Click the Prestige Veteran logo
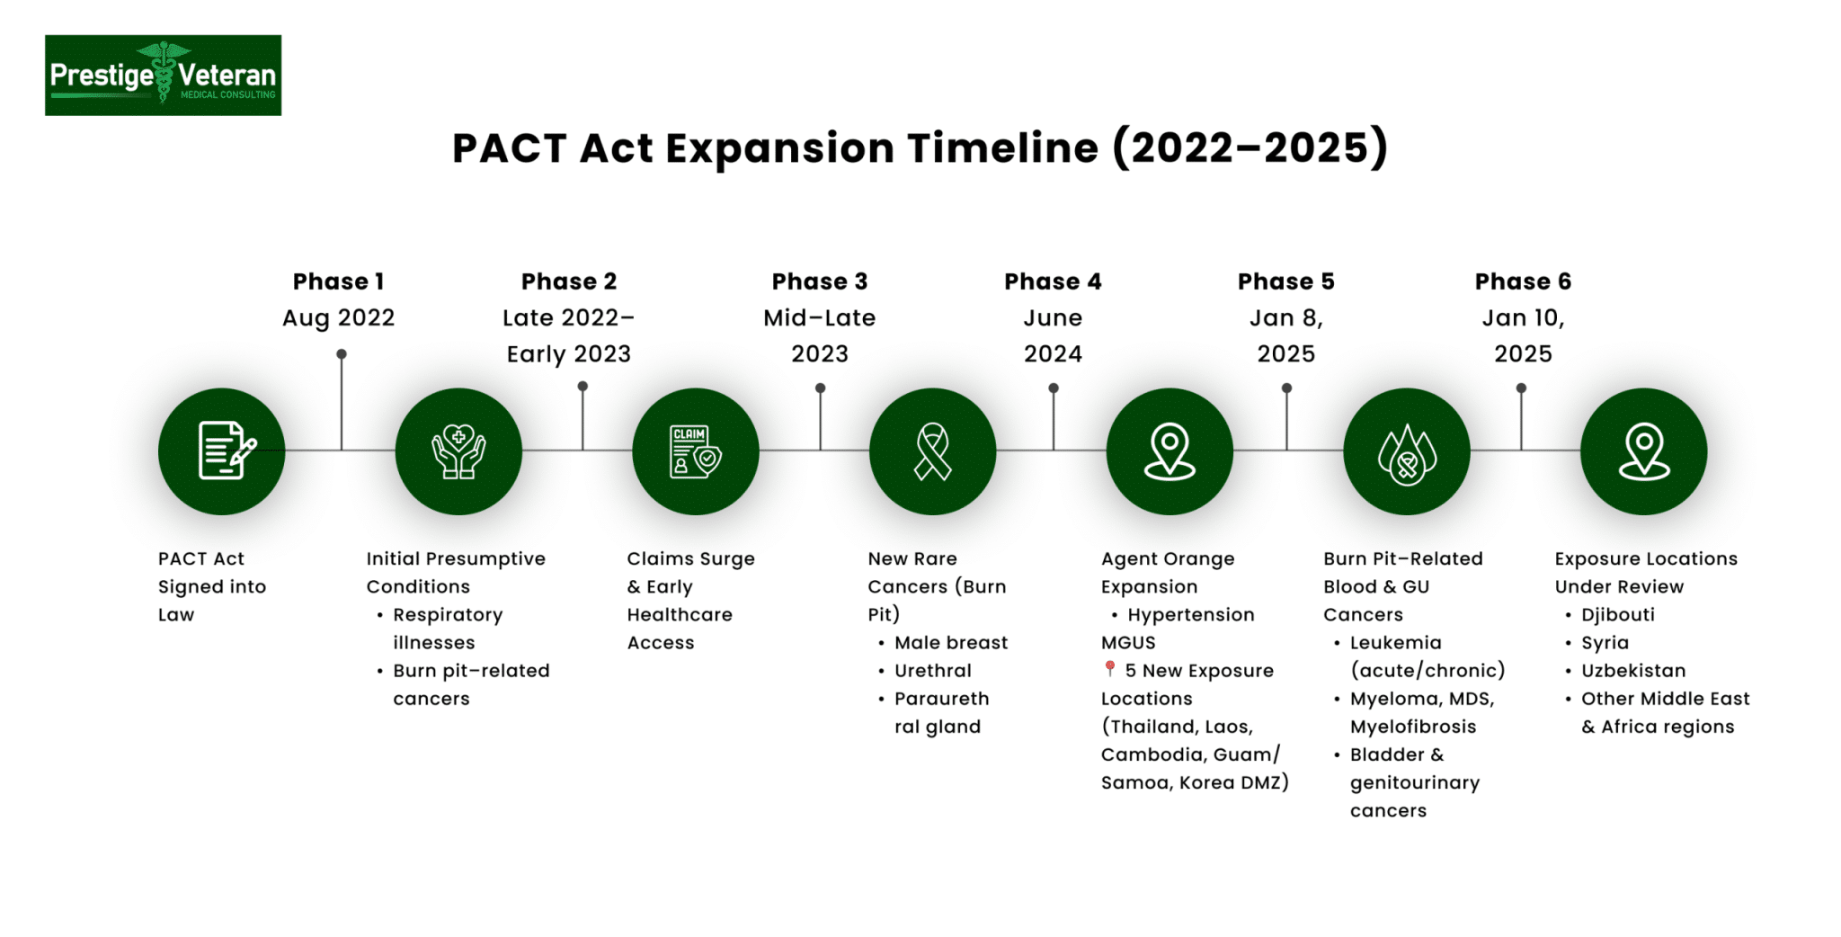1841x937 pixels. (163, 76)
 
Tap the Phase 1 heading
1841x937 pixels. (338, 281)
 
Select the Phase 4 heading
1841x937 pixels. (1053, 281)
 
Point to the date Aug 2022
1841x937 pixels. (338, 318)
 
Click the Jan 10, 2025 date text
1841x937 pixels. (1523, 335)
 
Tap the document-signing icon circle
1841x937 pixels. (221, 451)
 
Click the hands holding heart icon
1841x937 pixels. (458, 451)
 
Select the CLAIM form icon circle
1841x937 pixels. (695, 451)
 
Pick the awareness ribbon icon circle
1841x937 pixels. (932, 451)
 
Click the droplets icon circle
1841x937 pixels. (1407, 451)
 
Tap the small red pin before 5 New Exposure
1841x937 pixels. (1110, 669)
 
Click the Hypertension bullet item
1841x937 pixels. (1190, 615)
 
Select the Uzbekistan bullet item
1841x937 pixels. (1632, 671)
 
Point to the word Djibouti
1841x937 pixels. (1617, 615)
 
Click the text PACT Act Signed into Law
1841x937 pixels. (211, 586)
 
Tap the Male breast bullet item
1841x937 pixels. (950, 643)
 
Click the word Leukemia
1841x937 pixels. (1395, 643)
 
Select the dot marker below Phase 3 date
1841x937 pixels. (820, 388)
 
